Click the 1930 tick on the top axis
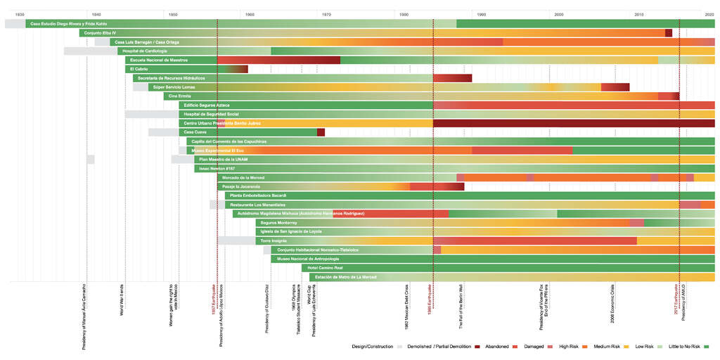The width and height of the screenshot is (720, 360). (20, 14)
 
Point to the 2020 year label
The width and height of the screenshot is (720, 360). (709, 14)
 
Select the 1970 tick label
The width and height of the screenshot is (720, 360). (326, 14)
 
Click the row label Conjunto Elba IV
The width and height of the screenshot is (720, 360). (100, 33)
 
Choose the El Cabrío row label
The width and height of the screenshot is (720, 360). (137, 69)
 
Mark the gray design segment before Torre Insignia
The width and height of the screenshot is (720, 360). (236, 240)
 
